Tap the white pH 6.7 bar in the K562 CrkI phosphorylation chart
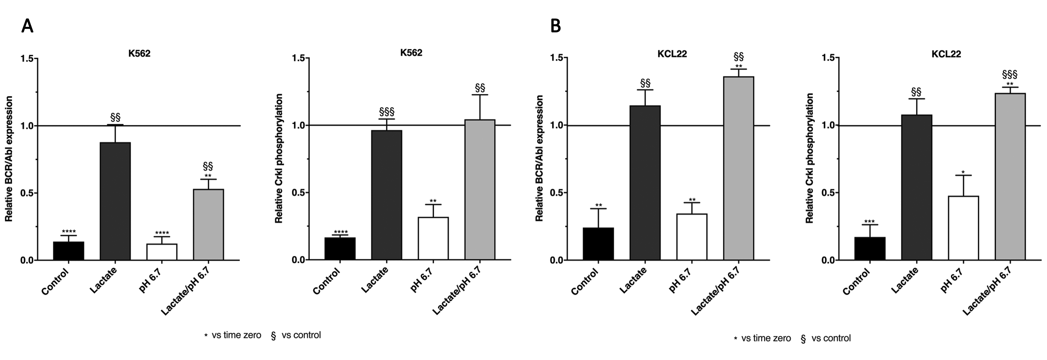pos(433,239)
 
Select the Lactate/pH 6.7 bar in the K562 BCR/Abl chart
pos(208,224)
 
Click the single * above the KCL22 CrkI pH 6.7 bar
pos(963,172)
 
